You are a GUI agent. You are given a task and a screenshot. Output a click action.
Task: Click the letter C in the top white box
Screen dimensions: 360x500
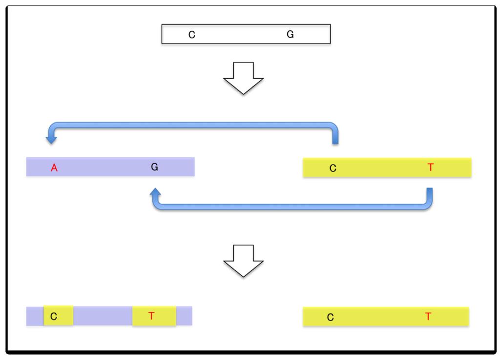(192, 35)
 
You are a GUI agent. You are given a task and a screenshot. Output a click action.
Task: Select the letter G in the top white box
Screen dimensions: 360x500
(290, 35)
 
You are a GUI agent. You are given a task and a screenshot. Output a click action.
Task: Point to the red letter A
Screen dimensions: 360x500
(54, 168)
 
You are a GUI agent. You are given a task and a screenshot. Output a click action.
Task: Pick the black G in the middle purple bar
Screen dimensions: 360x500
(154, 167)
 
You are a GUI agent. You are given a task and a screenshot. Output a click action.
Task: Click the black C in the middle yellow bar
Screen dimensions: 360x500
(333, 169)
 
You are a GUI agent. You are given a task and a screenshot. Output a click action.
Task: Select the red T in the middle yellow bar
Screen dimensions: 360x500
(430, 168)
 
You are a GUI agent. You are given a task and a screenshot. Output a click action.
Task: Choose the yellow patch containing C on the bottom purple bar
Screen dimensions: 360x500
(59, 316)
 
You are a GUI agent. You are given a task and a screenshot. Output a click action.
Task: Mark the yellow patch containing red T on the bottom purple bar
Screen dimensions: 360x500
(154, 316)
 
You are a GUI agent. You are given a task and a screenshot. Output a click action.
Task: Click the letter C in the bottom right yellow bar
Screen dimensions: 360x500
(330, 318)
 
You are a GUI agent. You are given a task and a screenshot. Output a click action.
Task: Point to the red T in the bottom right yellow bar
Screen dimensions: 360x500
(428, 317)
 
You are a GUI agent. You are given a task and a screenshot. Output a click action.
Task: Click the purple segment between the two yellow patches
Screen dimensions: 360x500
(103, 316)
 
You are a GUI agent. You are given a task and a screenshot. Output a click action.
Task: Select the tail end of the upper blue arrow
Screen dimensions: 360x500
(335, 141)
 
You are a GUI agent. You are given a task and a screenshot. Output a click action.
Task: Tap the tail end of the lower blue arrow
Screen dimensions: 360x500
(430, 191)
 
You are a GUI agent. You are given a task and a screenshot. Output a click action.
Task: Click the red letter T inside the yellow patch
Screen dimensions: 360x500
(151, 316)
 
